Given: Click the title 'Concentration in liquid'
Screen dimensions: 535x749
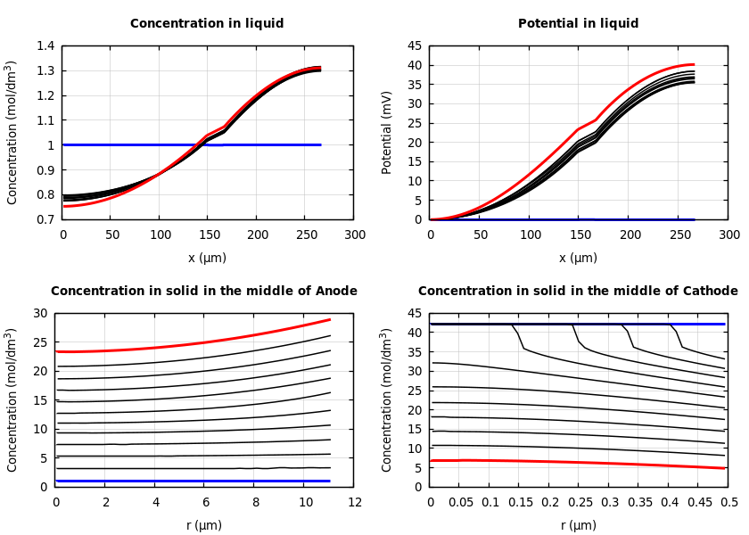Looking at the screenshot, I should click(x=207, y=24).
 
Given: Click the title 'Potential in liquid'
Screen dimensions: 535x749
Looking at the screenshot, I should click(x=578, y=24).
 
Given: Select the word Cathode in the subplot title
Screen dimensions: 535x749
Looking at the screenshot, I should click(x=711, y=292).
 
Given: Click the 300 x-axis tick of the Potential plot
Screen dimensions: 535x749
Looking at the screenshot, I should click(x=729, y=235).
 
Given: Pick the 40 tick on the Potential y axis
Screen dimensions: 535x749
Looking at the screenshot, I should click(x=415, y=65).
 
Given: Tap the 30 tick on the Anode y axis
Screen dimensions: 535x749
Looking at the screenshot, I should click(x=40, y=313).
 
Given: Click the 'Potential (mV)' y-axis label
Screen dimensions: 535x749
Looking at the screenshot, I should click(x=387, y=132).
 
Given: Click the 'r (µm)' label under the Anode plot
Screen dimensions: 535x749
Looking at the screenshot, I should click(x=204, y=525).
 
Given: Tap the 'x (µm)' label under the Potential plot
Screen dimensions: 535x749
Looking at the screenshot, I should click(x=579, y=258).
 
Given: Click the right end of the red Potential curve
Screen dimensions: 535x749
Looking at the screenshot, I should click(x=693, y=64).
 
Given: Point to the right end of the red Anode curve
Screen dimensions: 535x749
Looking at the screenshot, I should click(x=330, y=319).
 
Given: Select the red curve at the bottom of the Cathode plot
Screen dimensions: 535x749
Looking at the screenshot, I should click(x=580, y=462).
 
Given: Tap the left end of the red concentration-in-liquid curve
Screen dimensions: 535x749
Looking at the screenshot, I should click(x=64, y=206).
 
